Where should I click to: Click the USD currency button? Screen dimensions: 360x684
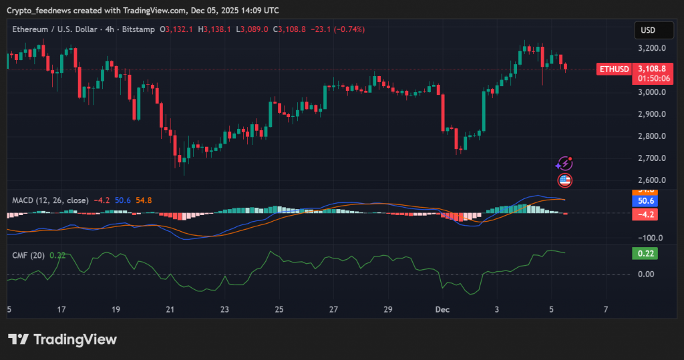point(647,30)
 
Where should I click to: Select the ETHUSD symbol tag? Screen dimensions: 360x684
point(613,69)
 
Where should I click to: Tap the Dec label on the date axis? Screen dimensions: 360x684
point(442,310)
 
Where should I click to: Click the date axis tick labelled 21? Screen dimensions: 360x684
point(170,310)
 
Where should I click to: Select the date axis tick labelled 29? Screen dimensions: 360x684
point(387,310)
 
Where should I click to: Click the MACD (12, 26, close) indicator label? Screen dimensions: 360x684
point(50,200)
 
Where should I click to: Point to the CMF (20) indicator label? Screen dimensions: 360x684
point(29,254)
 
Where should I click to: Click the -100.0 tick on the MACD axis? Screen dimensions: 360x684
point(649,238)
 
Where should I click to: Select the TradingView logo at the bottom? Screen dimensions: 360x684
point(63,339)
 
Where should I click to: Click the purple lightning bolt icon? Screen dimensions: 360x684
point(565,164)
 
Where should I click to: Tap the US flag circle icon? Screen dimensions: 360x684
point(565,179)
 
